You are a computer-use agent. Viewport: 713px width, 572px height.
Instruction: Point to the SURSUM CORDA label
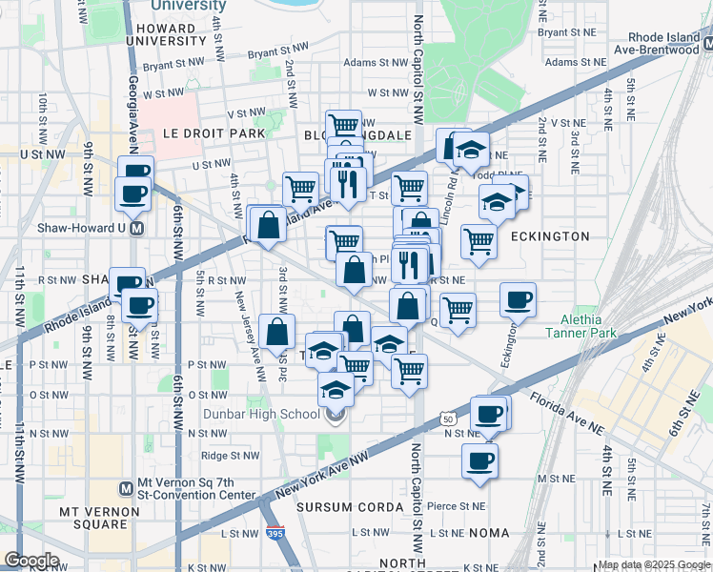pyautogui.click(x=351, y=506)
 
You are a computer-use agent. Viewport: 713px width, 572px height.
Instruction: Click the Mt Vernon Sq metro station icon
pyautogui.click(x=125, y=488)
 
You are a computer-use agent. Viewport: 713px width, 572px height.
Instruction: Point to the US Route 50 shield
pyautogui.click(x=448, y=419)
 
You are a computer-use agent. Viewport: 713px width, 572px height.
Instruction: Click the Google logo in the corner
pyautogui.click(x=31, y=561)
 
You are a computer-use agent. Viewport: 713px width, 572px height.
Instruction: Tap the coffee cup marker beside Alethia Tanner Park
pyautogui.click(x=518, y=299)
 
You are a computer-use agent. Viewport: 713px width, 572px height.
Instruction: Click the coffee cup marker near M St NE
pyautogui.click(x=480, y=460)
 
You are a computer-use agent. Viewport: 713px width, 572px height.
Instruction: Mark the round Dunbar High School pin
pyautogui.click(x=335, y=414)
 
